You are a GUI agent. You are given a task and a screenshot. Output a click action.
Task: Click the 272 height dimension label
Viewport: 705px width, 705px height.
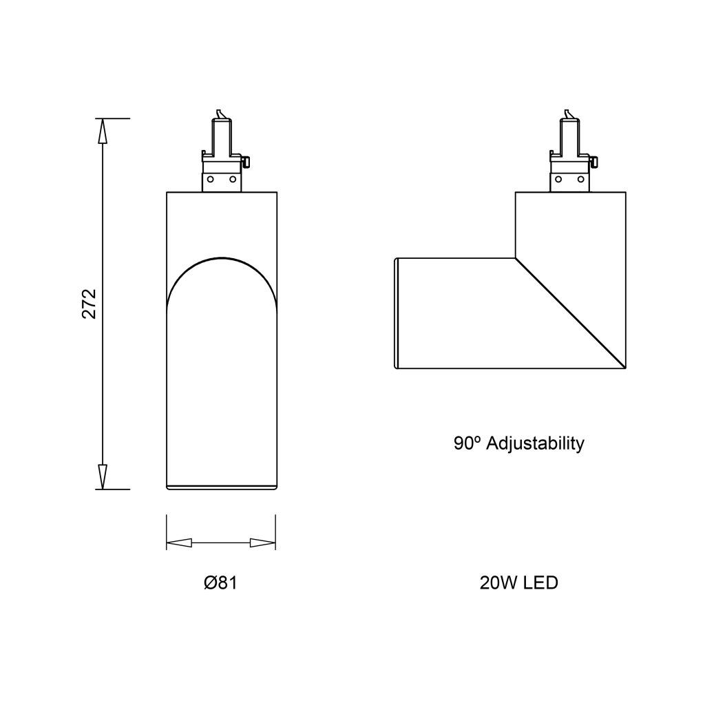click(x=90, y=304)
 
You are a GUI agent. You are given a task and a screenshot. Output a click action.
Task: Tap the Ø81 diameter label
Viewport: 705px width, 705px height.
click(x=220, y=582)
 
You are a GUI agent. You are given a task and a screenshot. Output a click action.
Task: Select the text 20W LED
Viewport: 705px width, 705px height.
click(x=519, y=582)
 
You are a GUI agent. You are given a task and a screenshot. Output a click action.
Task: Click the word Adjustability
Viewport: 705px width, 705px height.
click(x=535, y=444)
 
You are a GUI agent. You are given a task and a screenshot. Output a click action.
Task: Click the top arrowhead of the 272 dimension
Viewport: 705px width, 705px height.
click(x=103, y=131)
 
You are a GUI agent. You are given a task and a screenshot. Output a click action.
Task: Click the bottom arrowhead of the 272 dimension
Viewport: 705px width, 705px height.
click(x=103, y=476)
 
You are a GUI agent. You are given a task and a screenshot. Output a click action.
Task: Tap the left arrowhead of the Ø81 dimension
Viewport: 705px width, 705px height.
click(x=179, y=543)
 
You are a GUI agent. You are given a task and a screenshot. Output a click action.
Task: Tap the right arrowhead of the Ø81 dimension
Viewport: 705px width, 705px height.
click(x=262, y=543)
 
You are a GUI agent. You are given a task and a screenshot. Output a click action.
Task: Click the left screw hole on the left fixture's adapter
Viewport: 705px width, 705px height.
click(x=210, y=179)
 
